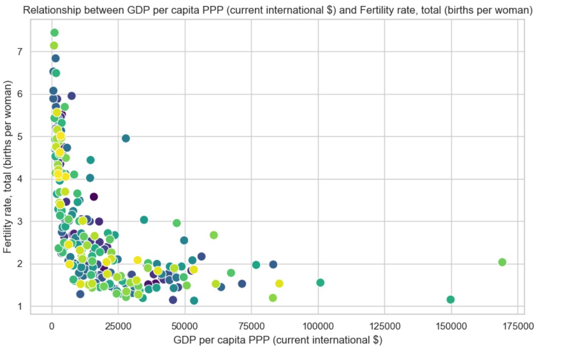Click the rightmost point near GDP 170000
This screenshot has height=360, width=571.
coord(502,262)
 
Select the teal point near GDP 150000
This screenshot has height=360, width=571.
coord(450,299)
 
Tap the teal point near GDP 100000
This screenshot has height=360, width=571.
coord(320,282)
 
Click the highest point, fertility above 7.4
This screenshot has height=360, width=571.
coord(55,33)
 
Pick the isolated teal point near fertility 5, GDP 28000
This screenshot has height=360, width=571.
coord(126,138)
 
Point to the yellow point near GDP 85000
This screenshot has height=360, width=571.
coord(279,284)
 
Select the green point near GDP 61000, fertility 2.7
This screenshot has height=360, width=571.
coord(214,235)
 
